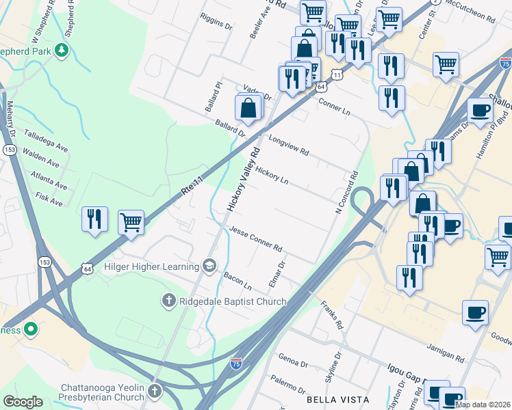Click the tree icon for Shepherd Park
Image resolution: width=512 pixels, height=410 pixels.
click(62, 50)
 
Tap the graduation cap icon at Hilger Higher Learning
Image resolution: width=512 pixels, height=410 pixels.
click(209, 265)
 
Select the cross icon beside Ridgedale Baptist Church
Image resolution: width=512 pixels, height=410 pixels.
click(168, 299)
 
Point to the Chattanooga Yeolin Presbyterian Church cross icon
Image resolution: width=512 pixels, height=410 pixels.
click(155, 392)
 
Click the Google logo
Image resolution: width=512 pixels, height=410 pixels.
click(23, 402)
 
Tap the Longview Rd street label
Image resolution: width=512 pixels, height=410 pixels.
click(290, 143)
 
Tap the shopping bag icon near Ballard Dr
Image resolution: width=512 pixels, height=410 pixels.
click(248, 109)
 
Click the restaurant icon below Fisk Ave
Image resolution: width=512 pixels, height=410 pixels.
click(94, 219)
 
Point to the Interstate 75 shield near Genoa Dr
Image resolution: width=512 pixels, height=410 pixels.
click(236, 361)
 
